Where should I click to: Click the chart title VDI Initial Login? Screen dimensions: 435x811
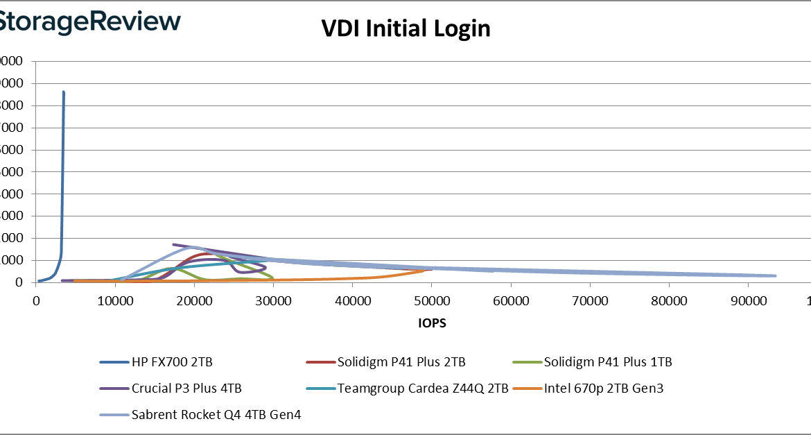[405, 28]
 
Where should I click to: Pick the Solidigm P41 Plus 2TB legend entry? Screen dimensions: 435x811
[401, 362]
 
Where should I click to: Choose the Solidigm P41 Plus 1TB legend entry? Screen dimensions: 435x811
[607, 362]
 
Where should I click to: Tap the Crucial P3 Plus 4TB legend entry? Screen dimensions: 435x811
[186, 389]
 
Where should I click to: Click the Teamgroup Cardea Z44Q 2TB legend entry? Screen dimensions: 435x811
[422, 389]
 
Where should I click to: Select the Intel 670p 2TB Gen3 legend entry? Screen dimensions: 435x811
[603, 389]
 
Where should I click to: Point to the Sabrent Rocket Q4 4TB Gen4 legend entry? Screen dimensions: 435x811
[216, 415]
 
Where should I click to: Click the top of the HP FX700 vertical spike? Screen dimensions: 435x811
[64, 92]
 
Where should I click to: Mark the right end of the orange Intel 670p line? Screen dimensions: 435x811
[424, 271]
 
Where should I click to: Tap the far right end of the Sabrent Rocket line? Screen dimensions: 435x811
[775, 276]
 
